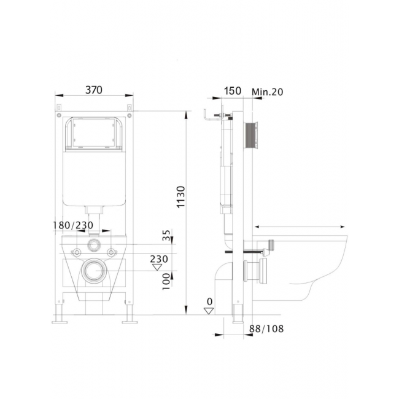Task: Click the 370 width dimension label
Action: pyautogui.click(x=94, y=90)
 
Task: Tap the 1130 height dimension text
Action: pyautogui.click(x=181, y=197)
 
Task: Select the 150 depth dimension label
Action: pyautogui.click(x=233, y=91)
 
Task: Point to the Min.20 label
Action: pyautogui.click(x=268, y=92)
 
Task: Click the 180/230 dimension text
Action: pyautogui.click(x=73, y=225)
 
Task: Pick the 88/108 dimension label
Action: pyautogui.click(x=266, y=329)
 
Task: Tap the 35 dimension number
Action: pyautogui.click(x=166, y=235)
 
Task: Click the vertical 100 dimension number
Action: pyautogui.click(x=166, y=281)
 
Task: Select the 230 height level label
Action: pyautogui.click(x=159, y=259)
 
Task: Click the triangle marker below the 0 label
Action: pyautogui.click(x=209, y=311)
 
